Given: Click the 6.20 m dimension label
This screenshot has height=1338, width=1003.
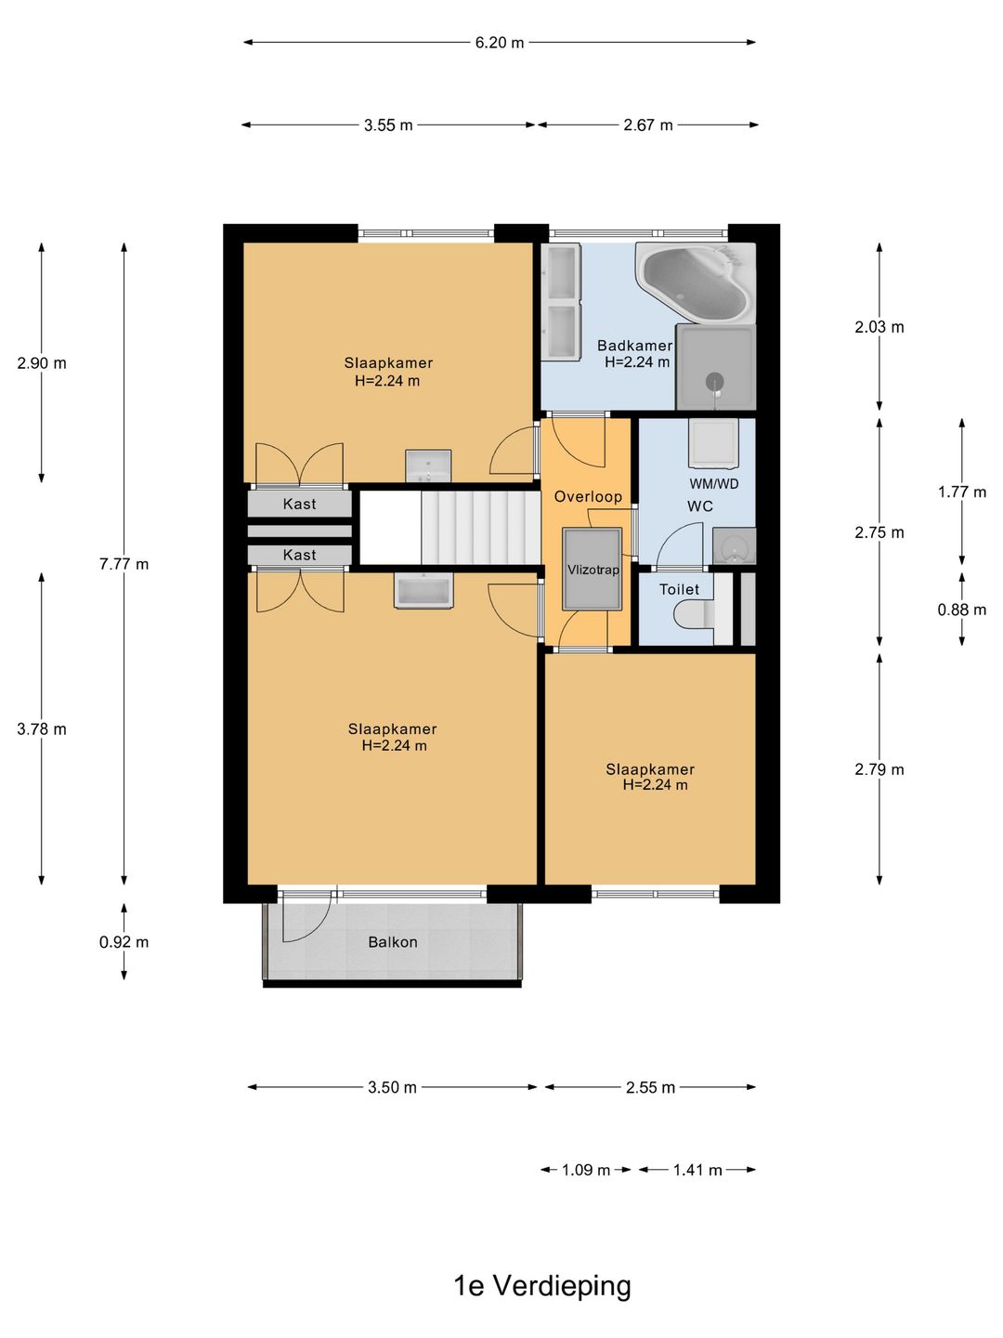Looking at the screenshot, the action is coord(499,43).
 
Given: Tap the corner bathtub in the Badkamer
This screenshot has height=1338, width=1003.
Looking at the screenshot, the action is coord(696,282).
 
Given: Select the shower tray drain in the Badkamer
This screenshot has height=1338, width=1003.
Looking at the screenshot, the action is coord(715,382).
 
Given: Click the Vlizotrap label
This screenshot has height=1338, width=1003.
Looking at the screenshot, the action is coord(593,570).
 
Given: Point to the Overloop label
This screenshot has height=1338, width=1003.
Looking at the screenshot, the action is coord(588,497).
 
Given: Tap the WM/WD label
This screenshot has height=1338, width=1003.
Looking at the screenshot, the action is coord(714,484).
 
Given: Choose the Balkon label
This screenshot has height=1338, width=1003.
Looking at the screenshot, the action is coord(393,942).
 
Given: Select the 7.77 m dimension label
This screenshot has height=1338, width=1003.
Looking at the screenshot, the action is coord(124,564).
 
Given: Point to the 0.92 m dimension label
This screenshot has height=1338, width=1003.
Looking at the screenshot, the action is coord(124,942).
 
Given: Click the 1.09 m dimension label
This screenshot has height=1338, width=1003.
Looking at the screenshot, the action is coord(585,1170).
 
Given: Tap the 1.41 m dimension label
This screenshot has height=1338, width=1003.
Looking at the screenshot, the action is coord(697,1170).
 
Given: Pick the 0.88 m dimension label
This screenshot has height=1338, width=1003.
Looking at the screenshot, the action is coord(961,609).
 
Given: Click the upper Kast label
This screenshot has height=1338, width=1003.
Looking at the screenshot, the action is coord(299,505).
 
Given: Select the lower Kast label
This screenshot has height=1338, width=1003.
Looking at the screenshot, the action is coord(299,555).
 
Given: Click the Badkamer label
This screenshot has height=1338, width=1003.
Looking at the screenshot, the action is coord(634,346).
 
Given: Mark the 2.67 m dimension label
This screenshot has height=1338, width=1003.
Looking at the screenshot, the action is coord(648,125).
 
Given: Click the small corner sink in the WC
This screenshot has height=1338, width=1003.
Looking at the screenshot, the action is coord(735,546).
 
